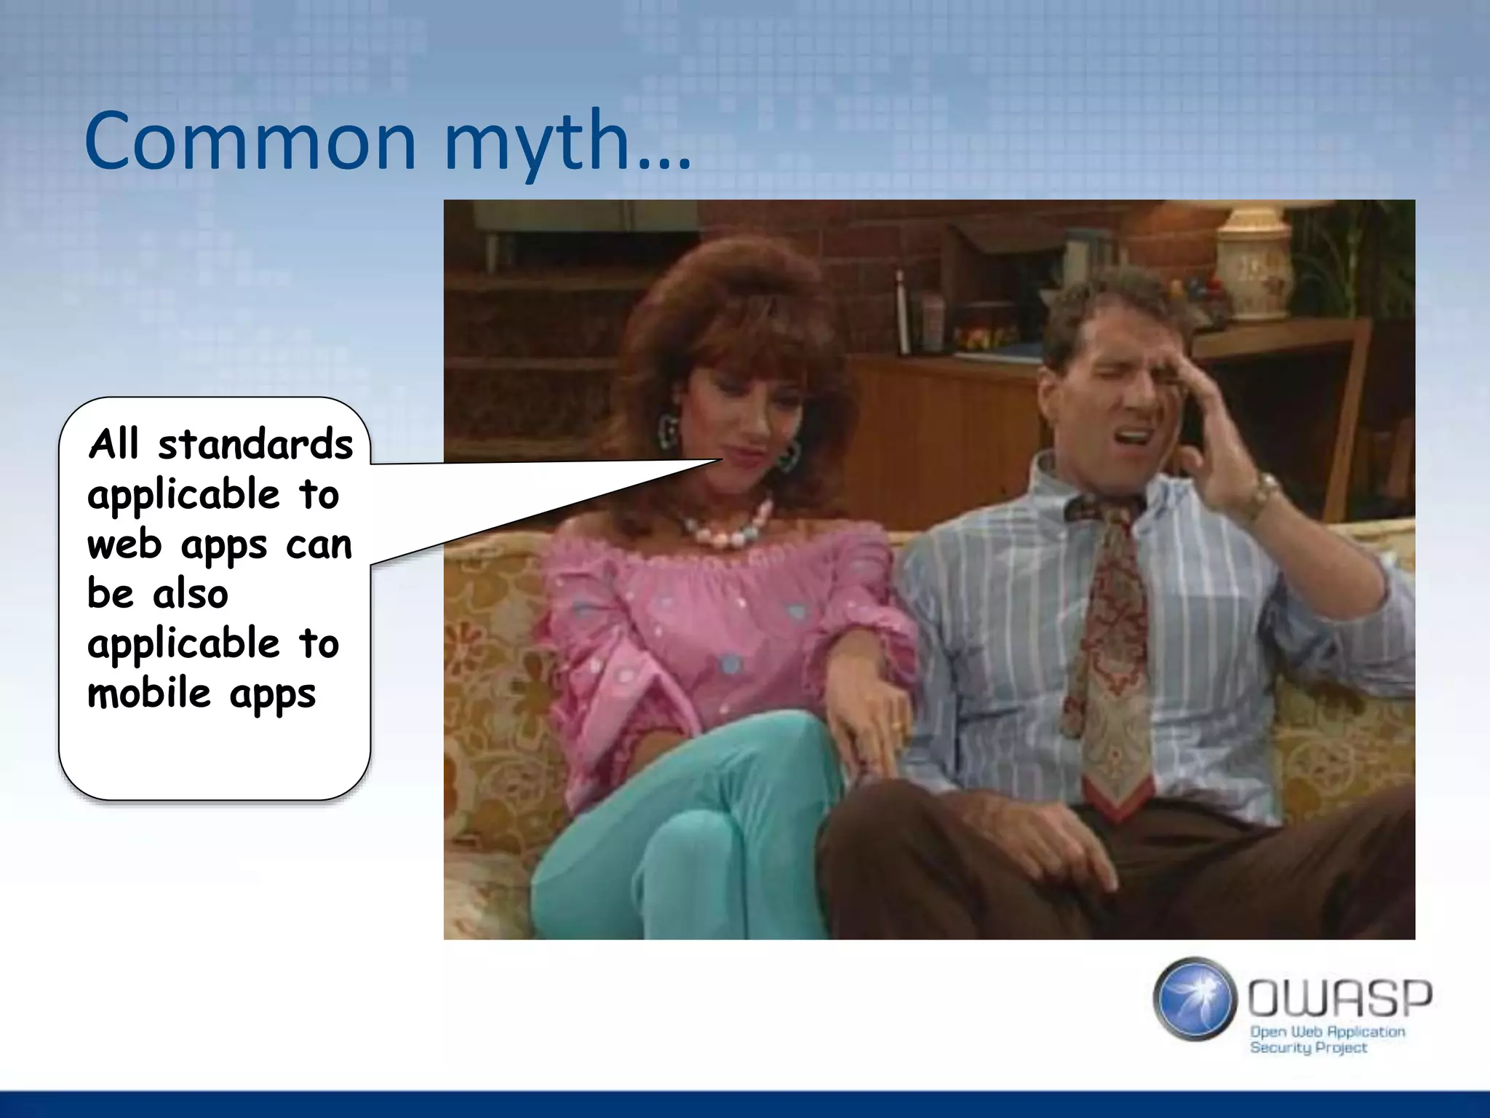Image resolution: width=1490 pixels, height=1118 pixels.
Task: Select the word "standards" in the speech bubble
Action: tap(255, 445)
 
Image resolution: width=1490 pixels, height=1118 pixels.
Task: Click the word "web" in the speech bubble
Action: tap(124, 545)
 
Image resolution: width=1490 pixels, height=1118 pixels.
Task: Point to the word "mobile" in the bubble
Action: tap(149, 693)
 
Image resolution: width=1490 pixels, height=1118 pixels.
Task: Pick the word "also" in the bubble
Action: tap(191, 595)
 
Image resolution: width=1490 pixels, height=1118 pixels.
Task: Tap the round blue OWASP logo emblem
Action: tap(1195, 999)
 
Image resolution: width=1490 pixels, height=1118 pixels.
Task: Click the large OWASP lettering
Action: tap(1339, 998)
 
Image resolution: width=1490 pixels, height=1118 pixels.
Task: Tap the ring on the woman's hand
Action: tap(896, 726)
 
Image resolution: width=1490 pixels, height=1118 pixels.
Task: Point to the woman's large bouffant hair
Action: tap(735, 306)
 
